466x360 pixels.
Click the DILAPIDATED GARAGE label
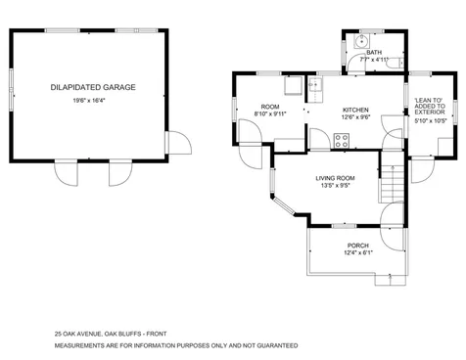click(93, 88)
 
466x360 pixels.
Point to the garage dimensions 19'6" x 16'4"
click(93, 100)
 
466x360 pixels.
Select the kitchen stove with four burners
click(341, 139)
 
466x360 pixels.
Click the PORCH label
click(357, 245)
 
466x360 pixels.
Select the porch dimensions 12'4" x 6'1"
click(357, 253)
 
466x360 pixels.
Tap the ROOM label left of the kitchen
click(269, 106)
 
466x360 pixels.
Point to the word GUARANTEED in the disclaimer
click(273, 345)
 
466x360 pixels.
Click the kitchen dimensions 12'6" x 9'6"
click(354, 117)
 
